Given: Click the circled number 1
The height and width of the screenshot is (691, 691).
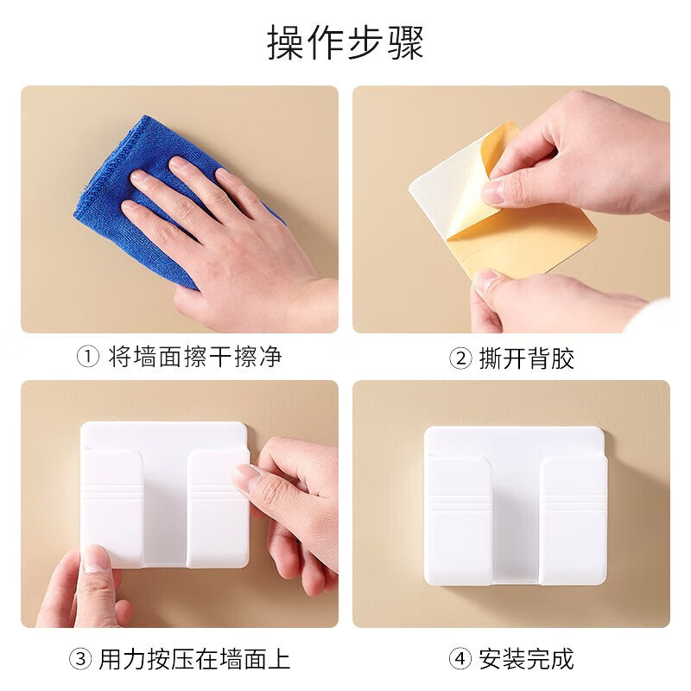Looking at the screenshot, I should [x=88, y=357].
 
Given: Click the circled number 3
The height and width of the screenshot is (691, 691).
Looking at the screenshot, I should [x=80, y=660].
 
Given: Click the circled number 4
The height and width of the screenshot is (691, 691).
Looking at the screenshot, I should [x=460, y=660].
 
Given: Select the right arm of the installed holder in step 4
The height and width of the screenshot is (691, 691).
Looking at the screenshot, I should [x=573, y=518].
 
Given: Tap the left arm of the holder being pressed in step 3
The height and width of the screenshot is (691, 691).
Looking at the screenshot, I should [x=112, y=510].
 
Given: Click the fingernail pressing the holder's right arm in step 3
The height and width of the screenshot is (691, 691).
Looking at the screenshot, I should [x=245, y=478].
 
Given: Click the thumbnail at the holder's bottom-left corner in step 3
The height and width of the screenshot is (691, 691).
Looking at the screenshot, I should [x=97, y=559].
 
